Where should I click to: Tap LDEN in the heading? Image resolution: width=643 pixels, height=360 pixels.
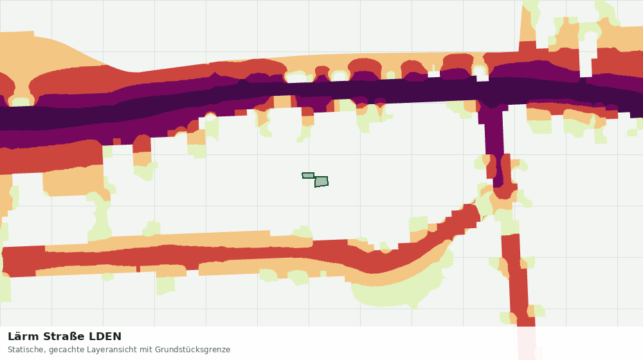point(105,337)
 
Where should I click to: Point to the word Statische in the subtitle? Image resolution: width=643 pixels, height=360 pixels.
point(24,350)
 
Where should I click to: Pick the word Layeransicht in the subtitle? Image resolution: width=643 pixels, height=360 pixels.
point(93,350)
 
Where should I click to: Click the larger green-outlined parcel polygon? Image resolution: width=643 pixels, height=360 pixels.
point(321,182)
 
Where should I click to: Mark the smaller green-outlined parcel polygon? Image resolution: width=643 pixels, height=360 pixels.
point(308,175)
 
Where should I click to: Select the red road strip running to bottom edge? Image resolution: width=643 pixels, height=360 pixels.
point(518,279)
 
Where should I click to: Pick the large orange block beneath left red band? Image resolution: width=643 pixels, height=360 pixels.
point(74,181)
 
